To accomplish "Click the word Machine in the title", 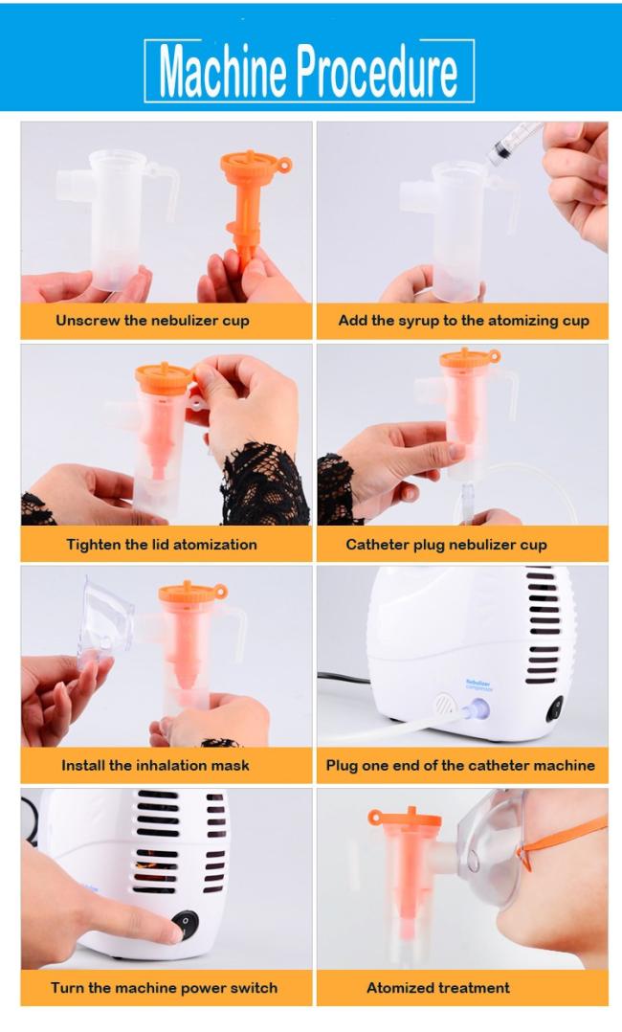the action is tap(222, 71).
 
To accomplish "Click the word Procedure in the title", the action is tap(378, 71).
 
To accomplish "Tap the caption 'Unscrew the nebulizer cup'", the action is tap(153, 321).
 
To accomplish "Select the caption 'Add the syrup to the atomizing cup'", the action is tap(463, 321).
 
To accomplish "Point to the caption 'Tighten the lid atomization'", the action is tap(162, 545).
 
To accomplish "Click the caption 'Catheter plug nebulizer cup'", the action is tap(446, 545).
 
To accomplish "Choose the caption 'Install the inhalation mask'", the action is tap(155, 765).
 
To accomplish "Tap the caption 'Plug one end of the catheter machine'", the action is tap(460, 765).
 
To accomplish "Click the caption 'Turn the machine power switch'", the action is tap(164, 987).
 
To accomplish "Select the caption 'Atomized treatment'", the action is tap(438, 987).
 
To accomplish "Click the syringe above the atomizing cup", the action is tap(514, 143).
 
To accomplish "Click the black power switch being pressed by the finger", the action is tap(187, 924).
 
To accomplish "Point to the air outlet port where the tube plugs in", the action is tap(477, 709).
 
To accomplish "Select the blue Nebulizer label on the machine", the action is tap(478, 684).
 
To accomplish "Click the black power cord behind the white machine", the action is tap(343, 677).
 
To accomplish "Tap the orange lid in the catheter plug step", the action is tap(469, 359).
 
